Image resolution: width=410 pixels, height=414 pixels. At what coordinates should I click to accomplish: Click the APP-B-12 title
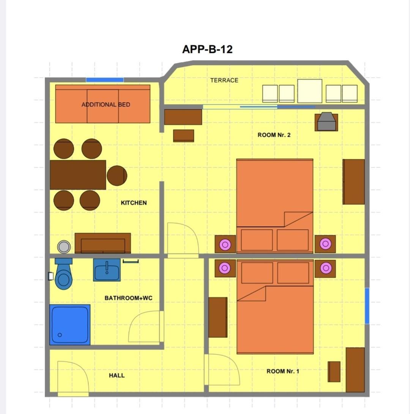coord(208,49)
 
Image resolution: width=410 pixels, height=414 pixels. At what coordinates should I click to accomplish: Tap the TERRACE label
coord(224,80)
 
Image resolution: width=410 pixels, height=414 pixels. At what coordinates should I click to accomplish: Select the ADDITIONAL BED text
coord(106,105)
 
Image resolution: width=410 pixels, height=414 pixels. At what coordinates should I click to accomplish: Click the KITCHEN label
coord(134,203)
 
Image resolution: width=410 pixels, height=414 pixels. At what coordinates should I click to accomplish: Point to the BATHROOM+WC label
coord(128,298)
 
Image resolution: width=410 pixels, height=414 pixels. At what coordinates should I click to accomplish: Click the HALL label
coord(117,375)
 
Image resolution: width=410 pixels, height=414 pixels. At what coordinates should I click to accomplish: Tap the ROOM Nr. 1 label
coord(283,371)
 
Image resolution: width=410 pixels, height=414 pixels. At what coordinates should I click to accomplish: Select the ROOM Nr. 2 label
coord(274,135)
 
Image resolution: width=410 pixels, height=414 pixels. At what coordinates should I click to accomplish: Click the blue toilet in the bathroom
coord(63,274)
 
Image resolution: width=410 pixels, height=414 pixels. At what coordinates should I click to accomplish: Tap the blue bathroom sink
coord(107,270)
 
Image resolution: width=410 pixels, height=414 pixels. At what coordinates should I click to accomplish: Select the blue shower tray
coord(70,325)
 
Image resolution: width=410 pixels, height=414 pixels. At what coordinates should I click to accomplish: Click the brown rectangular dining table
coord(78,175)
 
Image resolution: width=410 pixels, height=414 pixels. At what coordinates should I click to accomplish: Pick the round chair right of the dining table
coord(117,176)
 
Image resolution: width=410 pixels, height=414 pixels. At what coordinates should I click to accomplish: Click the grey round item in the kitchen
coord(64,247)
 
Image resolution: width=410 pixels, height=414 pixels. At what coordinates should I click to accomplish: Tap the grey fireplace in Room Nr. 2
coord(326,122)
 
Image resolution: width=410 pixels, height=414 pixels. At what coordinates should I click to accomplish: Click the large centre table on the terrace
coord(310,91)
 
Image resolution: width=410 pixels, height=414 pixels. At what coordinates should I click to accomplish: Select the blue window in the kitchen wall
coord(105,80)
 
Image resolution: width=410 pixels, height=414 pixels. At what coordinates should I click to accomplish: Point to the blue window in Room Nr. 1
coord(367,306)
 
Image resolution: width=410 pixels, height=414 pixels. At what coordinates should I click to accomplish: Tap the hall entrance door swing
coord(73,378)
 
